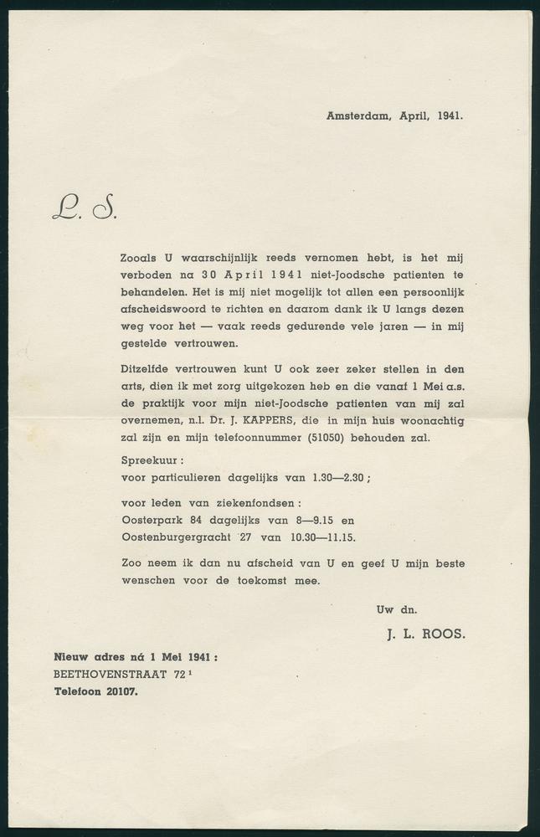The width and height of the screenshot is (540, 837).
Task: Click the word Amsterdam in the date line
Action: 357,116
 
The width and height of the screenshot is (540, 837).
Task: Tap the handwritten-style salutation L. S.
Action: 84,206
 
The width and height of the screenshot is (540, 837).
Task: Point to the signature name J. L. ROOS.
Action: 425,634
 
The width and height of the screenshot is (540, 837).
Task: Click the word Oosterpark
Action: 153,520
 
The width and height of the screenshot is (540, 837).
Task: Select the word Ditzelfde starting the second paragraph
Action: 148,369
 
